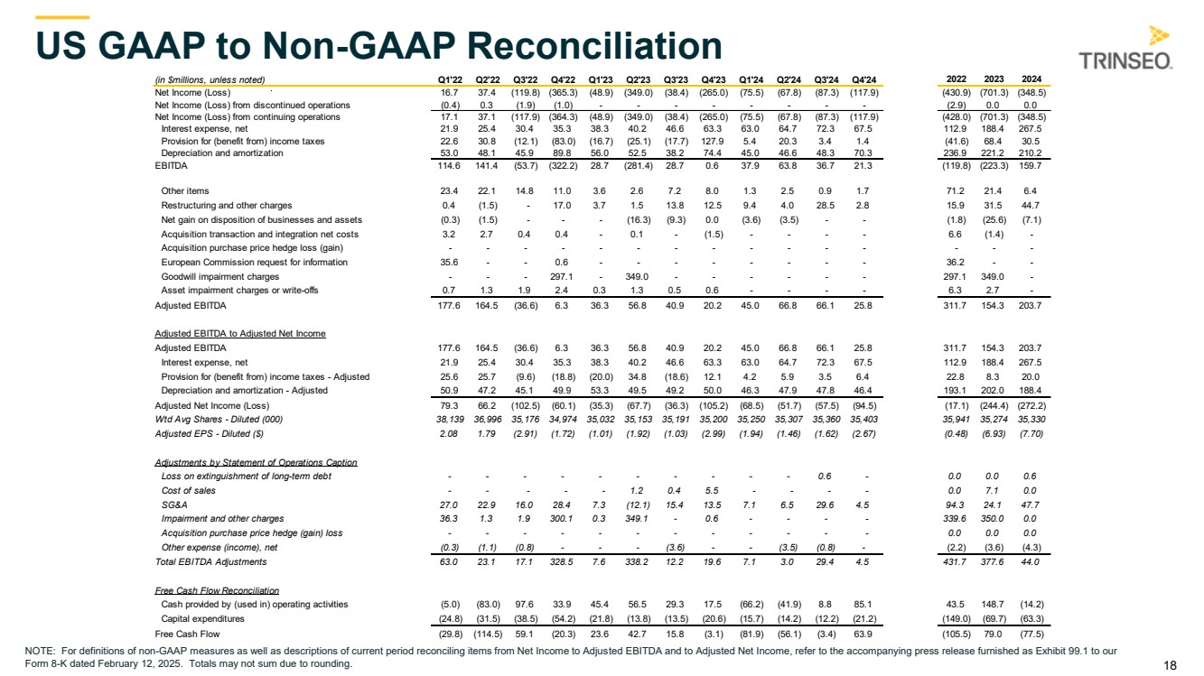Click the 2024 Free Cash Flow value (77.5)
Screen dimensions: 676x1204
[x=1029, y=635]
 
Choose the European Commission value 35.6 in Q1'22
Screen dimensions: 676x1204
[x=446, y=262]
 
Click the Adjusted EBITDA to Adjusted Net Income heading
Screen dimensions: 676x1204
[x=240, y=334]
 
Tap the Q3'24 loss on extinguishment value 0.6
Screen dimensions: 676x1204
[x=824, y=476]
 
